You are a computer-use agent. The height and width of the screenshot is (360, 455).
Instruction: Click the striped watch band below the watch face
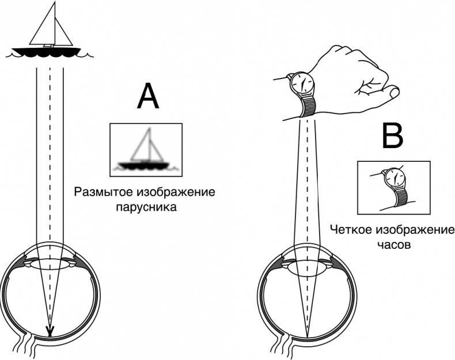309,105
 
